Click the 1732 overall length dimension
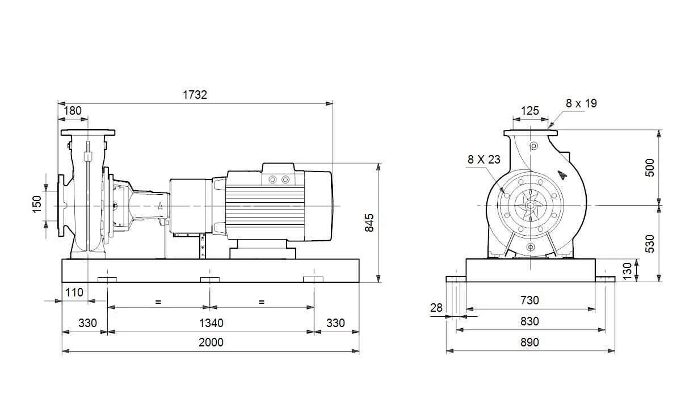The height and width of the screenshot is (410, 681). tap(195, 95)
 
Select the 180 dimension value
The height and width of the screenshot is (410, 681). tap(73, 111)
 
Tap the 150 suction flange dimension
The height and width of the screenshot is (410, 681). tap(37, 204)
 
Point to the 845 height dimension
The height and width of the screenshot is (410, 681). tap(369, 223)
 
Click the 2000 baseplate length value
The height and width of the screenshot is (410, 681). tap(211, 342)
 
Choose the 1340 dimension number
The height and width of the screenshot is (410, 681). tap(211, 323)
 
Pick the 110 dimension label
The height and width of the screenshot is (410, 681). tap(74, 292)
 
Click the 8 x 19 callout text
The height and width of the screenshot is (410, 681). tap(581, 103)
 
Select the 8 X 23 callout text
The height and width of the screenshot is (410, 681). tap(484, 160)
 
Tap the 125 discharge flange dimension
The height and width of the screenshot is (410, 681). tap(530, 111)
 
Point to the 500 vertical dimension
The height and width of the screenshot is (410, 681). tap(650, 168)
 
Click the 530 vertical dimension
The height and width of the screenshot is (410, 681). tap(650, 244)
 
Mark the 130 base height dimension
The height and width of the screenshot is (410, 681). tap(627, 271)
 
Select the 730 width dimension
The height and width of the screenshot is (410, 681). tap(529, 300)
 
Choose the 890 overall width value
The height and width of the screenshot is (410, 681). tap(529, 342)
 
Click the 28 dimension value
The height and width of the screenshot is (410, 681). tap(436, 308)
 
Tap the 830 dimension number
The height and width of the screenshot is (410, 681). tap(529, 321)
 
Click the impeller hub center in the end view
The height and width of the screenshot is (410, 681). tap(531, 206)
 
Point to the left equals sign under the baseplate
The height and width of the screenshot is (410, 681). tap(158, 302)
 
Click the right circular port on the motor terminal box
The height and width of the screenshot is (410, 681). tap(285, 180)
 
